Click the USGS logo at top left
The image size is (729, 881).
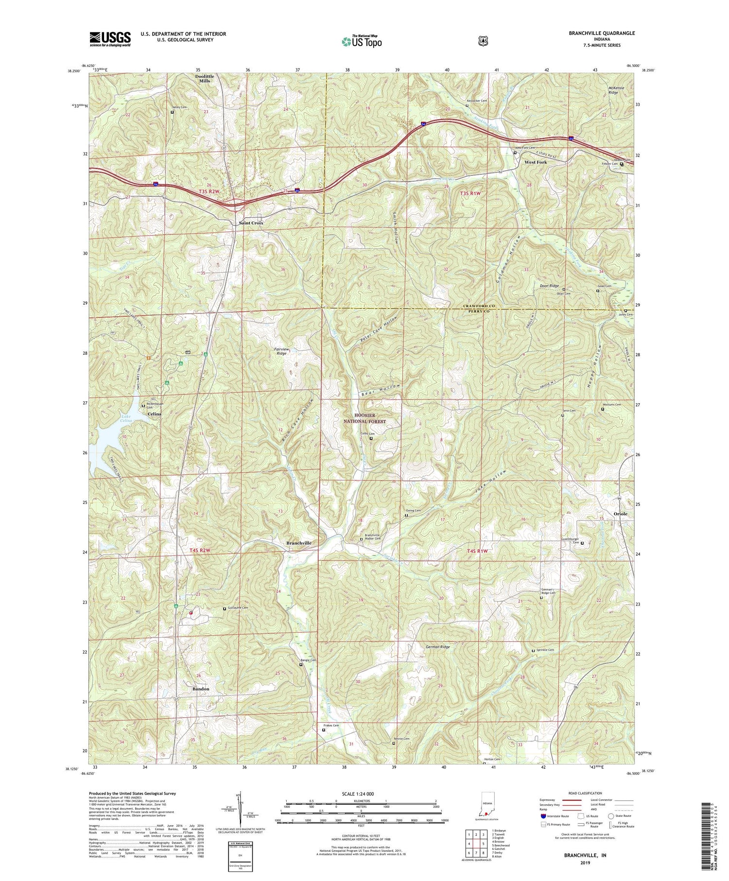pyautogui.click(x=110, y=39)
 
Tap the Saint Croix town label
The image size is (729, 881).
pyautogui.click(x=251, y=223)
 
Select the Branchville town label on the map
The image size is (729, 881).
pyautogui.click(x=299, y=543)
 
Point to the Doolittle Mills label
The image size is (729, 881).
pyautogui.click(x=205, y=79)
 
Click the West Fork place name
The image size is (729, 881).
pyautogui.click(x=535, y=162)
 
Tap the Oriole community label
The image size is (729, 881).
pyautogui.click(x=620, y=514)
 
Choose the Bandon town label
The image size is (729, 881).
pyautogui.click(x=200, y=689)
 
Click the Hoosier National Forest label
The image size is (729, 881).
pyautogui.click(x=370, y=418)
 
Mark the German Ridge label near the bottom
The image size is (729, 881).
pyautogui.click(x=437, y=647)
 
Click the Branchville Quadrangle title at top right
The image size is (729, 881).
pyautogui.click(x=595, y=33)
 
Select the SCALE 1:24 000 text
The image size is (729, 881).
pyautogui.click(x=361, y=794)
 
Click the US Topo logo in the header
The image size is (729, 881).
pyautogui.click(x=362, y=41)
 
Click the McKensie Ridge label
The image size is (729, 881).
pyautogui.click(x=613, y=90)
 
